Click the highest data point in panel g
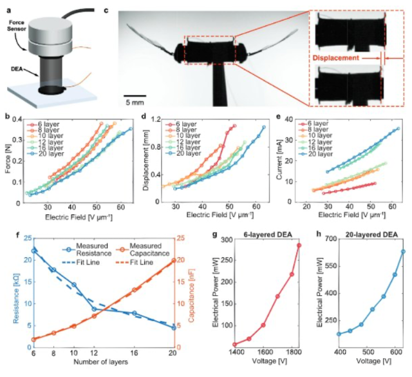click(299, 245)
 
